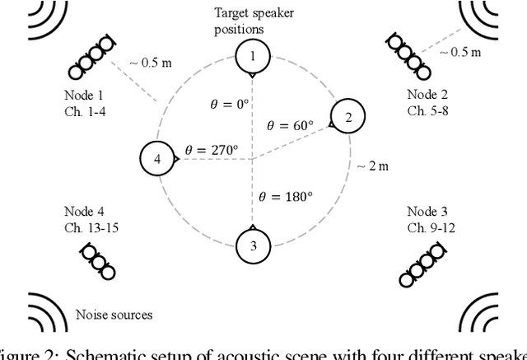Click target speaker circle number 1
coord(252,57)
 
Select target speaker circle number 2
coord(347,118)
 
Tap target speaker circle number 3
coord(252,245)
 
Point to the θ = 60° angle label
coord(291,125)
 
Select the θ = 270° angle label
coord(211,151)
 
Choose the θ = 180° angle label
coord(286,197)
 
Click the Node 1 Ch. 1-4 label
coord(84,102)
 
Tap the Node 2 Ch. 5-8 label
coord(427,102)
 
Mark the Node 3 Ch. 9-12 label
coord(427,217)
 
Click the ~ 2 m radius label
coord(371,166)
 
